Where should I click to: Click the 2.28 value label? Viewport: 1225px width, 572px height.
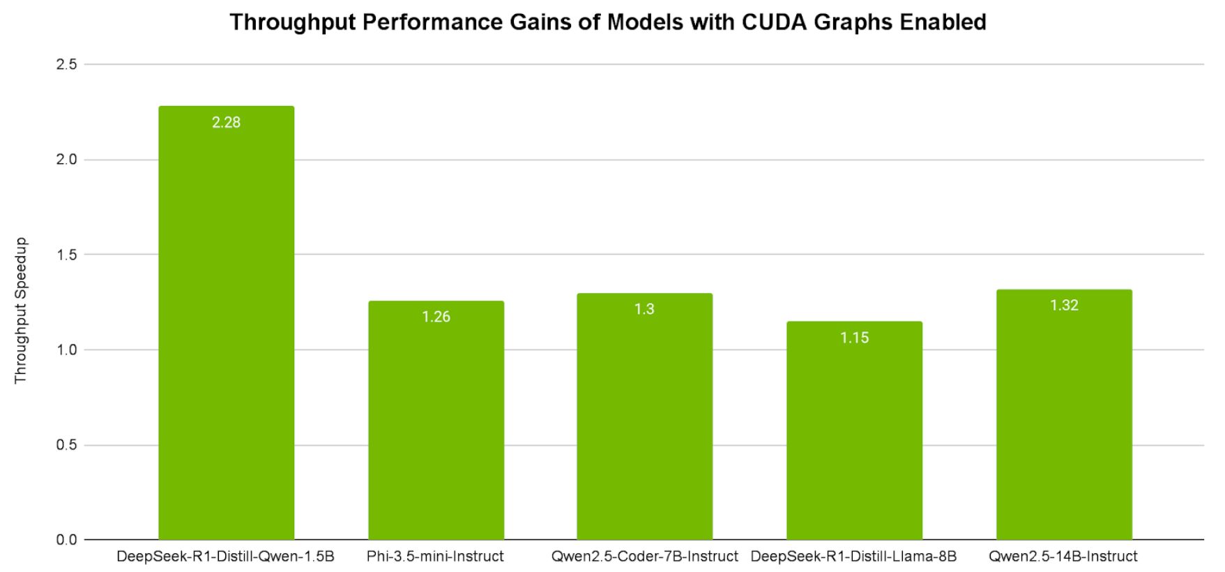pyautogui.click(x=226, y=123)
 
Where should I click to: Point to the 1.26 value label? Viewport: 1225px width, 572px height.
pyautogui.click(x=436, y=317)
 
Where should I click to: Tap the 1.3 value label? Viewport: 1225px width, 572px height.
pyautogui.click(x=644, y=309)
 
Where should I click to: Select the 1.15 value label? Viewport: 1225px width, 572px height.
pyautogui.click(x=854, y=338)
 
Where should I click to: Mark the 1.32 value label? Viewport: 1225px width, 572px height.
pyautogui.click(x=1064, y=306)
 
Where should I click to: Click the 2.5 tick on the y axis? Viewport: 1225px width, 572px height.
pyautogui.click(x=66, y=64)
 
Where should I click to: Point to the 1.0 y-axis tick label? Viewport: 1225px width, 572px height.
pyautogui.click(x=66, y=349)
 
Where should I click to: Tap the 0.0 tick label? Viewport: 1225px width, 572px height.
pyautogui.click(x=66, y=540)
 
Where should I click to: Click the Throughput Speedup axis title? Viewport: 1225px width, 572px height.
pyautogui.click(x=20, y=310)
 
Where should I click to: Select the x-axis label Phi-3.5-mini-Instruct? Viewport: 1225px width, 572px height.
pyautogui.click(x=435, y=557)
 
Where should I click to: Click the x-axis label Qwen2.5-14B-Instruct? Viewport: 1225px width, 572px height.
pyautogui.click(x=1063, y=557)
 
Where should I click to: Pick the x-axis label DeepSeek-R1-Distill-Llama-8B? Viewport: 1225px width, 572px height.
pyautogui.click(x=853, y=557)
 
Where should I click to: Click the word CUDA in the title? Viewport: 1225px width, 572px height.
pyautogui.click(x=774, y=22)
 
